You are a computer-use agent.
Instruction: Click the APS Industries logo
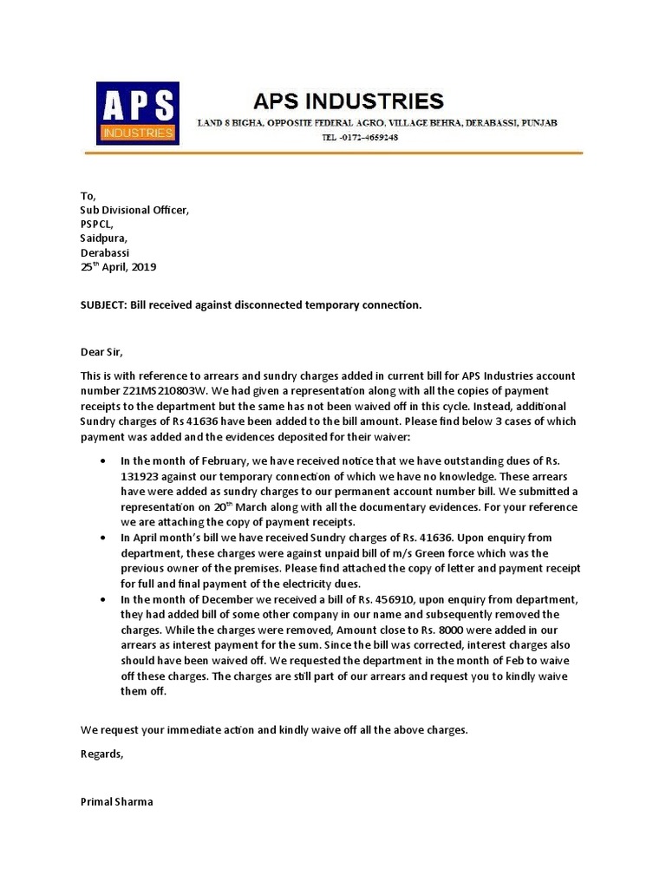tap(137, 112)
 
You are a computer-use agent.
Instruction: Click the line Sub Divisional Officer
tap(134, 210)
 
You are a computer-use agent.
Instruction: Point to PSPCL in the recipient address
tap(96, 224)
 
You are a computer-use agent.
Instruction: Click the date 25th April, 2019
tap(118, 267)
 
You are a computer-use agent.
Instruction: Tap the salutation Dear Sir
tap(101, 351)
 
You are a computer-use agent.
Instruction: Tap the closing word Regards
tap(101, 754)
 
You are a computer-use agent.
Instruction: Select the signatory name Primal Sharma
tap(116, 802)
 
